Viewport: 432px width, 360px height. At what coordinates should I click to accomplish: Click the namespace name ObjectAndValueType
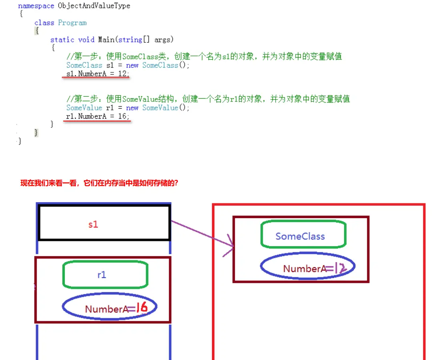pos(94,6)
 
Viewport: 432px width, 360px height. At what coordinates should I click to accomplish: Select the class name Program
pos(72,23)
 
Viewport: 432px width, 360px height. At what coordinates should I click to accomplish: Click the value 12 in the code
pos(122,74)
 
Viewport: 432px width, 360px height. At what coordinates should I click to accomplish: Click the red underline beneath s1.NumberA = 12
pos(96,78)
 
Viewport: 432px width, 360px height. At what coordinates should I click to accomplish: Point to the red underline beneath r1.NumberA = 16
pos(97,121)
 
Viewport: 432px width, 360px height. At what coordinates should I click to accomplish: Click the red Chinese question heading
pos(99,183)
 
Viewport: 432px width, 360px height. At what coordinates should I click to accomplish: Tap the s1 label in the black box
pos(93,225)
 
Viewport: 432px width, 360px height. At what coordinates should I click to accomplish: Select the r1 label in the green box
pos(102,275)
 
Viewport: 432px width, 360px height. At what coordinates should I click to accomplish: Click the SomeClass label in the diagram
pos(300,236)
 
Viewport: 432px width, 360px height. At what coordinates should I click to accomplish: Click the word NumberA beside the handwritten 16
pos(106,309)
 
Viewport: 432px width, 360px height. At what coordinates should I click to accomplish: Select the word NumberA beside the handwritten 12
pos(304,269)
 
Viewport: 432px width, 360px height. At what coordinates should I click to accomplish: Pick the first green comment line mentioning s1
pos(204,56)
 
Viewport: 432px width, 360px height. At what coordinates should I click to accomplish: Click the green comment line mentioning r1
pos(208,99)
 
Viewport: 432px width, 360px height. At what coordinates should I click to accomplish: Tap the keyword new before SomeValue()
pos(132,108)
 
